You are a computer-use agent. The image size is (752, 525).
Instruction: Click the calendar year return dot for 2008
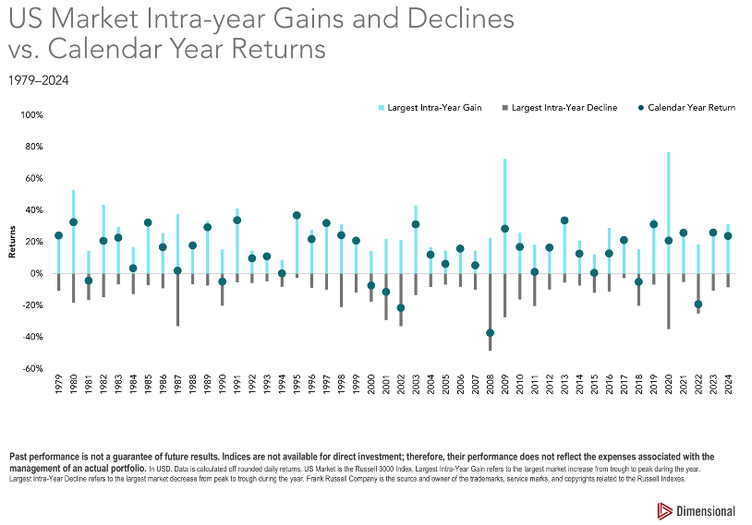click(490, 333)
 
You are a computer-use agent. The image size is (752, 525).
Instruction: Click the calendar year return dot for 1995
click(297, 215)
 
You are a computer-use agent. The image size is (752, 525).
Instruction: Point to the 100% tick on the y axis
click(32, 115)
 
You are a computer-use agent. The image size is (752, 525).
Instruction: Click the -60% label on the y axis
click(32, 369)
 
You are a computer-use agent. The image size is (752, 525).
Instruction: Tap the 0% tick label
click(38, 274)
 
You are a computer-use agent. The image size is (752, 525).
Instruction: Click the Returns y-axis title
click(12, 242)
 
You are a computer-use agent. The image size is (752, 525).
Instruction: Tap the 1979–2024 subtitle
click(38, 80)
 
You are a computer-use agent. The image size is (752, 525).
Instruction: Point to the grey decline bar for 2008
click(490, 314)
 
